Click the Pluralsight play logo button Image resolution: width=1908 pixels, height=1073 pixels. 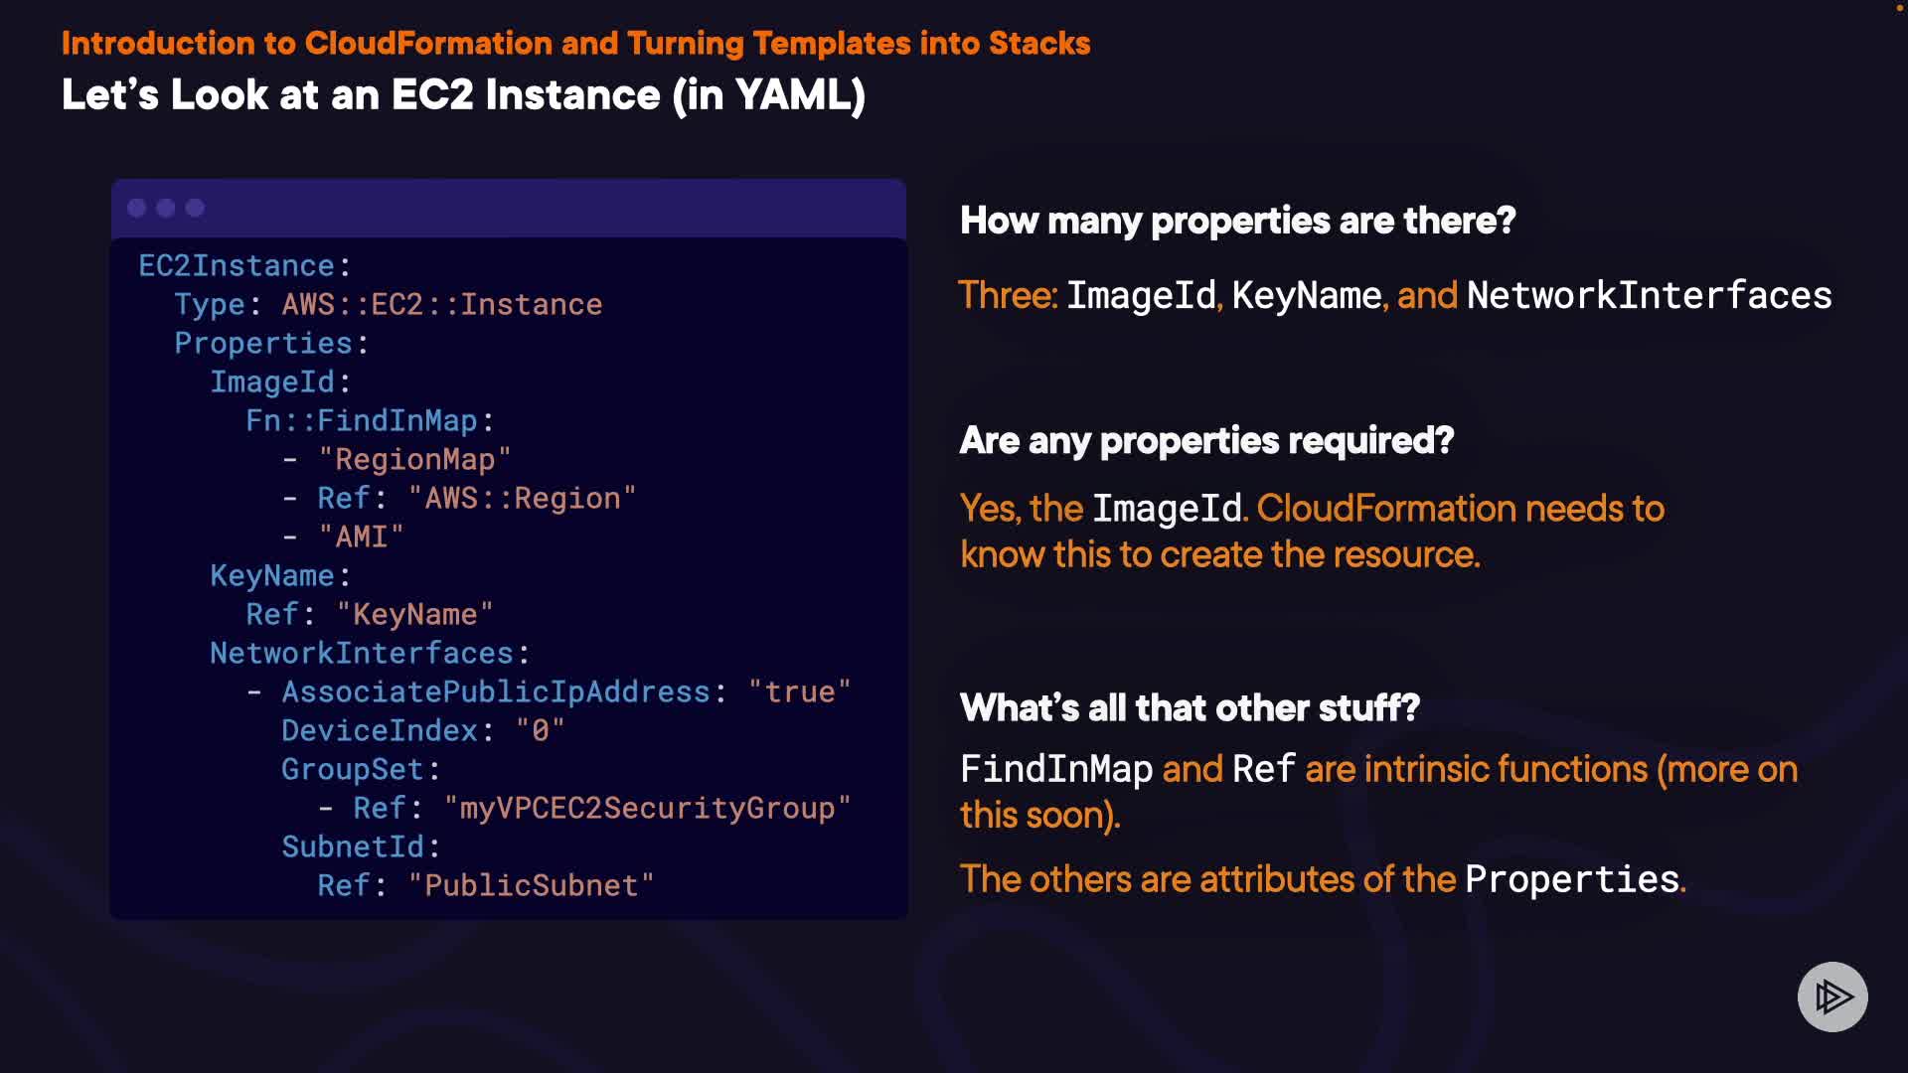click(1831, 996)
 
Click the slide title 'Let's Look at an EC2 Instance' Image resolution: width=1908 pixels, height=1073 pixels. click(463, 95)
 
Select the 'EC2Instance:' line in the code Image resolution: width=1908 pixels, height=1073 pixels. click(243, 266)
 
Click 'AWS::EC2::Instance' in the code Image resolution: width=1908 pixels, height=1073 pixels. click(442, 305)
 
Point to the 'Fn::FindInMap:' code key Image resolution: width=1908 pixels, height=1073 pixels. click(369, 421)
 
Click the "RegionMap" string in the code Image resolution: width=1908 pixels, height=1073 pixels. click(414, 460)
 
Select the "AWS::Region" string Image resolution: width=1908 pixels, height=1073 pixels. click(522, 499)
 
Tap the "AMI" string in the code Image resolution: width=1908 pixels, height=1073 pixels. click(361, 537)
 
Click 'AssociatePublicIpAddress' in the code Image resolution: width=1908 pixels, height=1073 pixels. click(496, 692)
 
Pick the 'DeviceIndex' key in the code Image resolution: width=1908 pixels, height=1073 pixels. click(380, 731)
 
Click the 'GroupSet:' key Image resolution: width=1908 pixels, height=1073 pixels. click(360, 770)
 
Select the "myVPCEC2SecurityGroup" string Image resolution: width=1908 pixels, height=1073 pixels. click(647, 809)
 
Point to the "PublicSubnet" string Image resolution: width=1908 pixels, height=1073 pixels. click(531, 886)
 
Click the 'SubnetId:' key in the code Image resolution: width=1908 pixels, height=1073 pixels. click(360, 847)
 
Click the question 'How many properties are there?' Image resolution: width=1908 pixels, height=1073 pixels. click(1237, 221)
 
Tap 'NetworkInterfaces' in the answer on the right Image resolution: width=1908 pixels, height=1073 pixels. click(1649, 296)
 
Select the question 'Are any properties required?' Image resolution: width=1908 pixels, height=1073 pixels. click(1206, 441)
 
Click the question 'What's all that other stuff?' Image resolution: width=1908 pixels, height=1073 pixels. click(1190, 708)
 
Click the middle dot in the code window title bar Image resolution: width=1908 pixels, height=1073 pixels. click(166, 208)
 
